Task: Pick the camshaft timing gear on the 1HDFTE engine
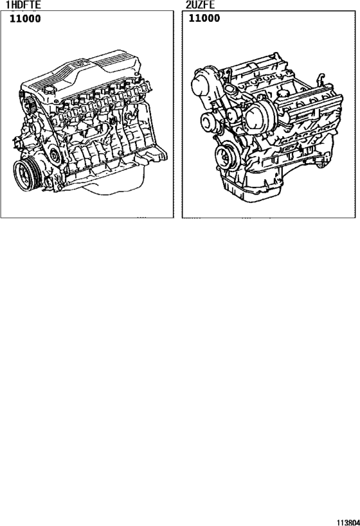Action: click(x=28, y=102)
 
